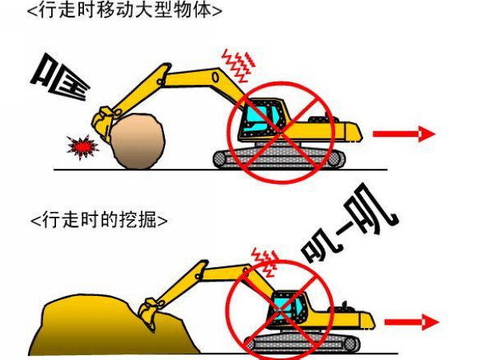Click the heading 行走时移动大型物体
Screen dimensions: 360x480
tap(124, 11)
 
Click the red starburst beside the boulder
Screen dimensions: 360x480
tap(81, 146)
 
